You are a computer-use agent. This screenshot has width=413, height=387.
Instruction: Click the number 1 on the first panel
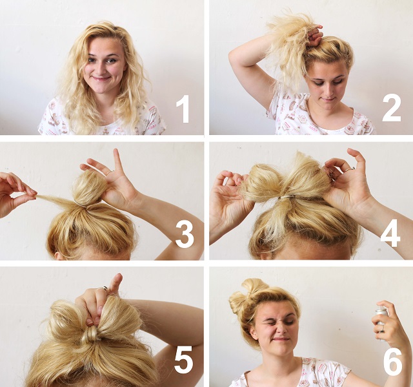point(183,110)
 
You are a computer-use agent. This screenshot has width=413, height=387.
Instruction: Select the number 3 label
point(184,235)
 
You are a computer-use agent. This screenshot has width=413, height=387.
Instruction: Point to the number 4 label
point(390,235)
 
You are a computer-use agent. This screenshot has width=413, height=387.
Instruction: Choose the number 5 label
point(183,361)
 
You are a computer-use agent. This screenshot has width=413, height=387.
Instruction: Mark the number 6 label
point(392,361)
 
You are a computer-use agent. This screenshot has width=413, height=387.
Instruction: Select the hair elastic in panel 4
point(288,195)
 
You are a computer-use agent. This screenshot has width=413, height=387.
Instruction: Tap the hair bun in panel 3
point(89,188)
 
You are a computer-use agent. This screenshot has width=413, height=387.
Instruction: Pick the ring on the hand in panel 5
point(103,288)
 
